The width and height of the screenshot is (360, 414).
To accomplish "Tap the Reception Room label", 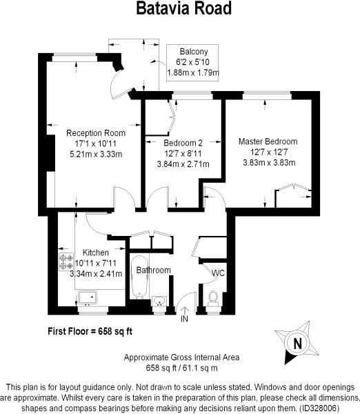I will [95, 132].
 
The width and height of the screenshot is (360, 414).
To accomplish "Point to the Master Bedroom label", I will [268, 141].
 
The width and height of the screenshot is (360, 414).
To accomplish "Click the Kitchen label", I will [95, 252].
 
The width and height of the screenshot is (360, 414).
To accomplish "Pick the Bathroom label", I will [152, 270].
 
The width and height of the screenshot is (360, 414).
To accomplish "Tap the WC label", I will [218, 273].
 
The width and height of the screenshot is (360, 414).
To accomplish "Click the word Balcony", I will [194, 52].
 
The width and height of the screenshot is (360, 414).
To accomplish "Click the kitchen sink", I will [88, 297].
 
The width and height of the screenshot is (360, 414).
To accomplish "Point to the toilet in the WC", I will [213, 297].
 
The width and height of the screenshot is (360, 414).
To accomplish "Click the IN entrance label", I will [184, 319].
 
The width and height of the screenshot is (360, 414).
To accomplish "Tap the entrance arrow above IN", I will [184, 310].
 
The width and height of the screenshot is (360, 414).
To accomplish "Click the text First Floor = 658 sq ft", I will [90, 331].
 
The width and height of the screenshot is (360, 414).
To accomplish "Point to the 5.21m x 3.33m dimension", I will [95, 154].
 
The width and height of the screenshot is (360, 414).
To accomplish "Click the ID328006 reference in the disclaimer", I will [321, 408].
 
